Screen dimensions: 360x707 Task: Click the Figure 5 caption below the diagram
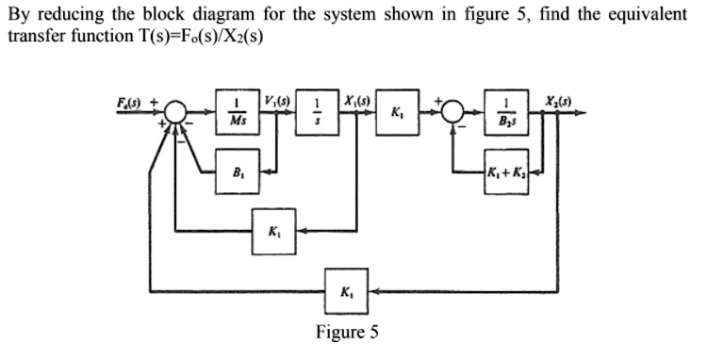(348, 332)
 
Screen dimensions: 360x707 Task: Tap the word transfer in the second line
(32, 38)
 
